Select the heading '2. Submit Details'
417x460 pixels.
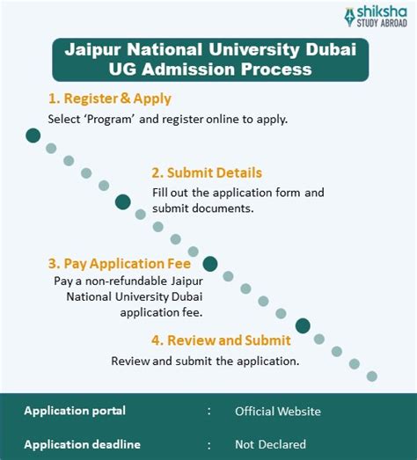click(x=206, y=172)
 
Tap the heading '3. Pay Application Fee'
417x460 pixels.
click(x=121, y=262)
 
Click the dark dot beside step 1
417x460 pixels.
click(x=33, y=135)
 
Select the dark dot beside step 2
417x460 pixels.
click(x=123, y=201)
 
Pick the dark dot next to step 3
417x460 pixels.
click(x=210, y=263)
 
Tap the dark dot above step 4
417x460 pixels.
click(x=303, y=325)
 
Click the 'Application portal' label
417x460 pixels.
click(x=75, y=411)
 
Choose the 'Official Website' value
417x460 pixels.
click(x=277, y=411)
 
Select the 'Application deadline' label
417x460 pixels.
click(x=82, y=444)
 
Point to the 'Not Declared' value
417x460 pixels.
click(x=270, y=444)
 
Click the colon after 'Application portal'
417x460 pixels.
click(x=208, y=411)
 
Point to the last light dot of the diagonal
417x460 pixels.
click(x=371, y=376)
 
